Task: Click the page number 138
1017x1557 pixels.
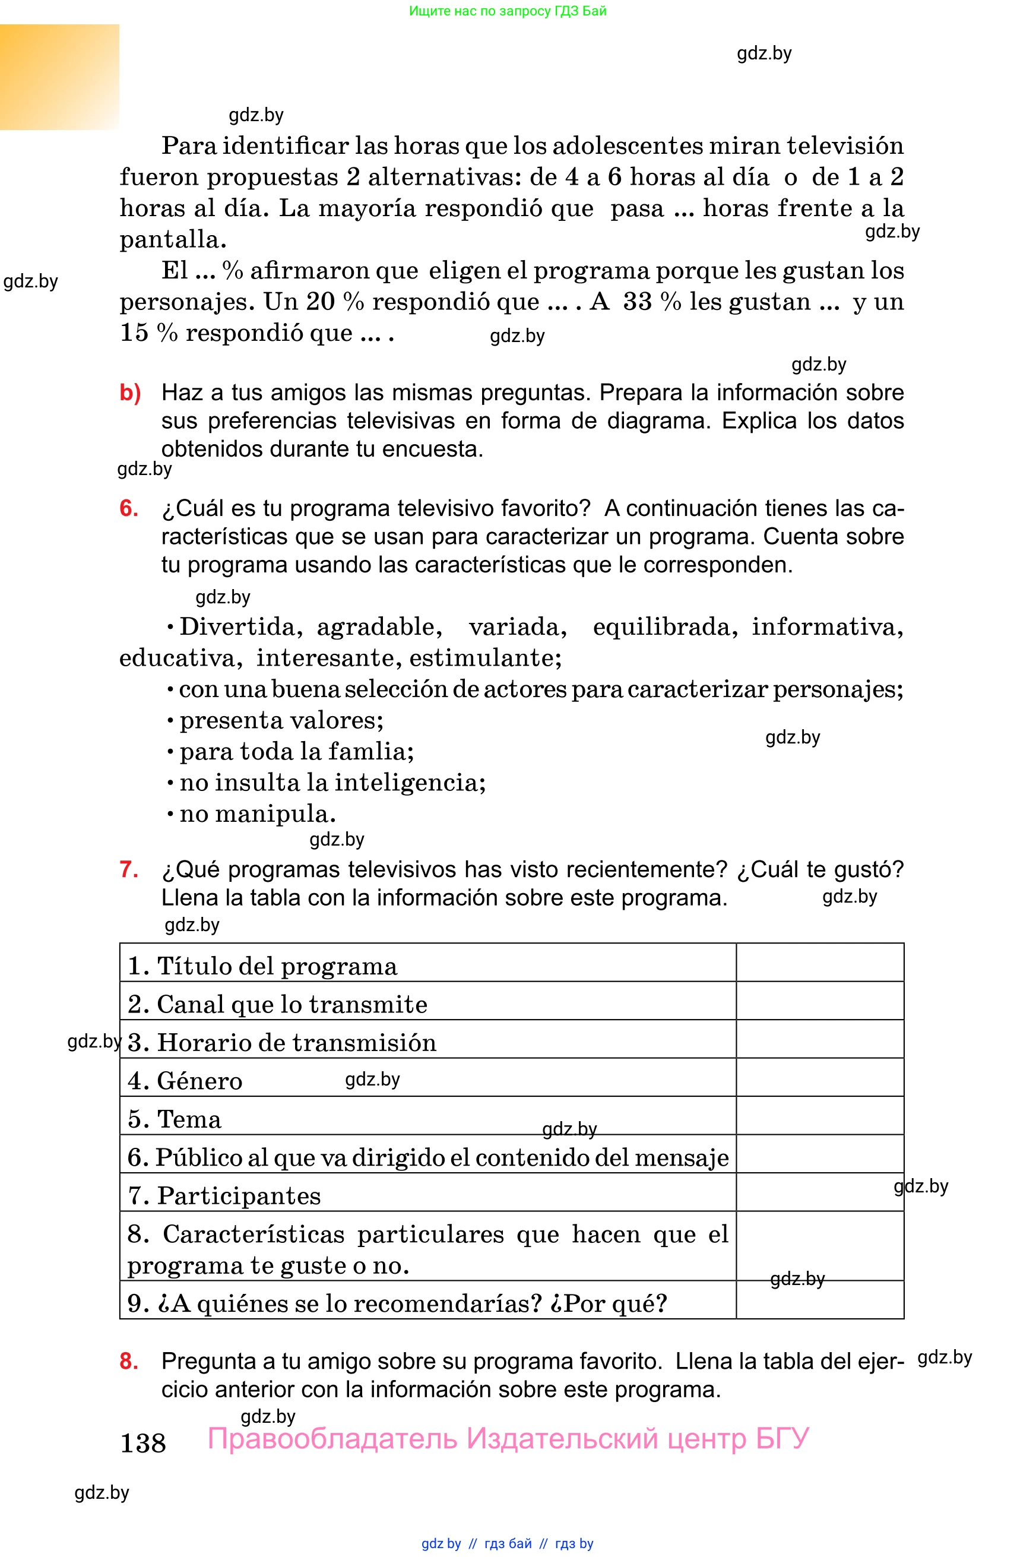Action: pos(142,1442)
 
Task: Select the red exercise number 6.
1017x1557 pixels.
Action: pos(128,508)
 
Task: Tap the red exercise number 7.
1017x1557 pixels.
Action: pos(128,869)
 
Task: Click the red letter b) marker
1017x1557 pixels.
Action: pos(130,393)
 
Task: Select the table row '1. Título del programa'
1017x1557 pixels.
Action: pos(262,966)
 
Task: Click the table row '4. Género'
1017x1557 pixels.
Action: pos(185,1081)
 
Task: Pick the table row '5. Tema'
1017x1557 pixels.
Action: pos(175,1119)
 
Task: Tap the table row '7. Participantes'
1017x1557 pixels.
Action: pos(224,1196)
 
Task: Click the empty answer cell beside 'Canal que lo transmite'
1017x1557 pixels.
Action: pos(819,1001)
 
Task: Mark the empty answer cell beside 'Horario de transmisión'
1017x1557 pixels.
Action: pos(819,1040)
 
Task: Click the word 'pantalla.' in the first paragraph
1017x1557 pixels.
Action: pos(173,239)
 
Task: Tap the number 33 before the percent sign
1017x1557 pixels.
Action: pos(637,302)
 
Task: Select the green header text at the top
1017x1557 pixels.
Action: pos(508,11)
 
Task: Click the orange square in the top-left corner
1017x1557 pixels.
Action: pos(59,77)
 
